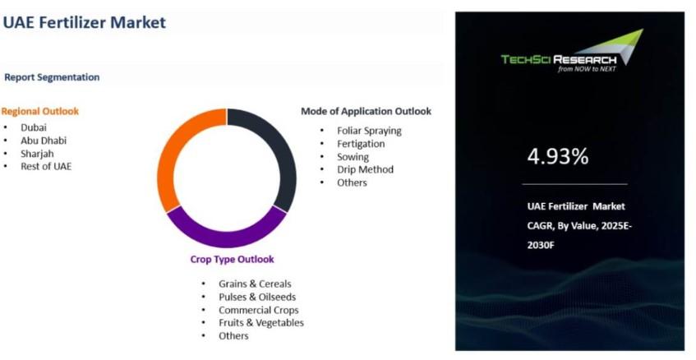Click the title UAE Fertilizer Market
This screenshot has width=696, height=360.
pos(85,22)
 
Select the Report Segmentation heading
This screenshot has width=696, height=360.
pos(52,77)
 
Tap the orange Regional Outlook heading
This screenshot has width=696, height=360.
pos(40,112)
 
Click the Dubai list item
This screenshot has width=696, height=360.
pos(34,127)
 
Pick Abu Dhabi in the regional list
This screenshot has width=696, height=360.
pos(44,141)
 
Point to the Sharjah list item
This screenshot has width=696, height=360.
pos(37,154)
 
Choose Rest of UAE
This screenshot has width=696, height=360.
pos(46,167)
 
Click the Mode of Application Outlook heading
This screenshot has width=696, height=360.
pos(366,112)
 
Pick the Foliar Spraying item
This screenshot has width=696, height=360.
pos(369,131)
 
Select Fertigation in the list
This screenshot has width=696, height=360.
pos(361,144)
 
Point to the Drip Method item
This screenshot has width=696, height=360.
pos(366,169)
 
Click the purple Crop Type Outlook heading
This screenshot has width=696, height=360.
pos(233,259)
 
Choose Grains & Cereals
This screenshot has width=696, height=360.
pos(255,284)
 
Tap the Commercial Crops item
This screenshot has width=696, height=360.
pos(258,310)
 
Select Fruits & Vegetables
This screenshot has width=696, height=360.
pos(261,323)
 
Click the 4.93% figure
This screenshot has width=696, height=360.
pos(558,156)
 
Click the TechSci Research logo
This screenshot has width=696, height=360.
pos(572,51)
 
